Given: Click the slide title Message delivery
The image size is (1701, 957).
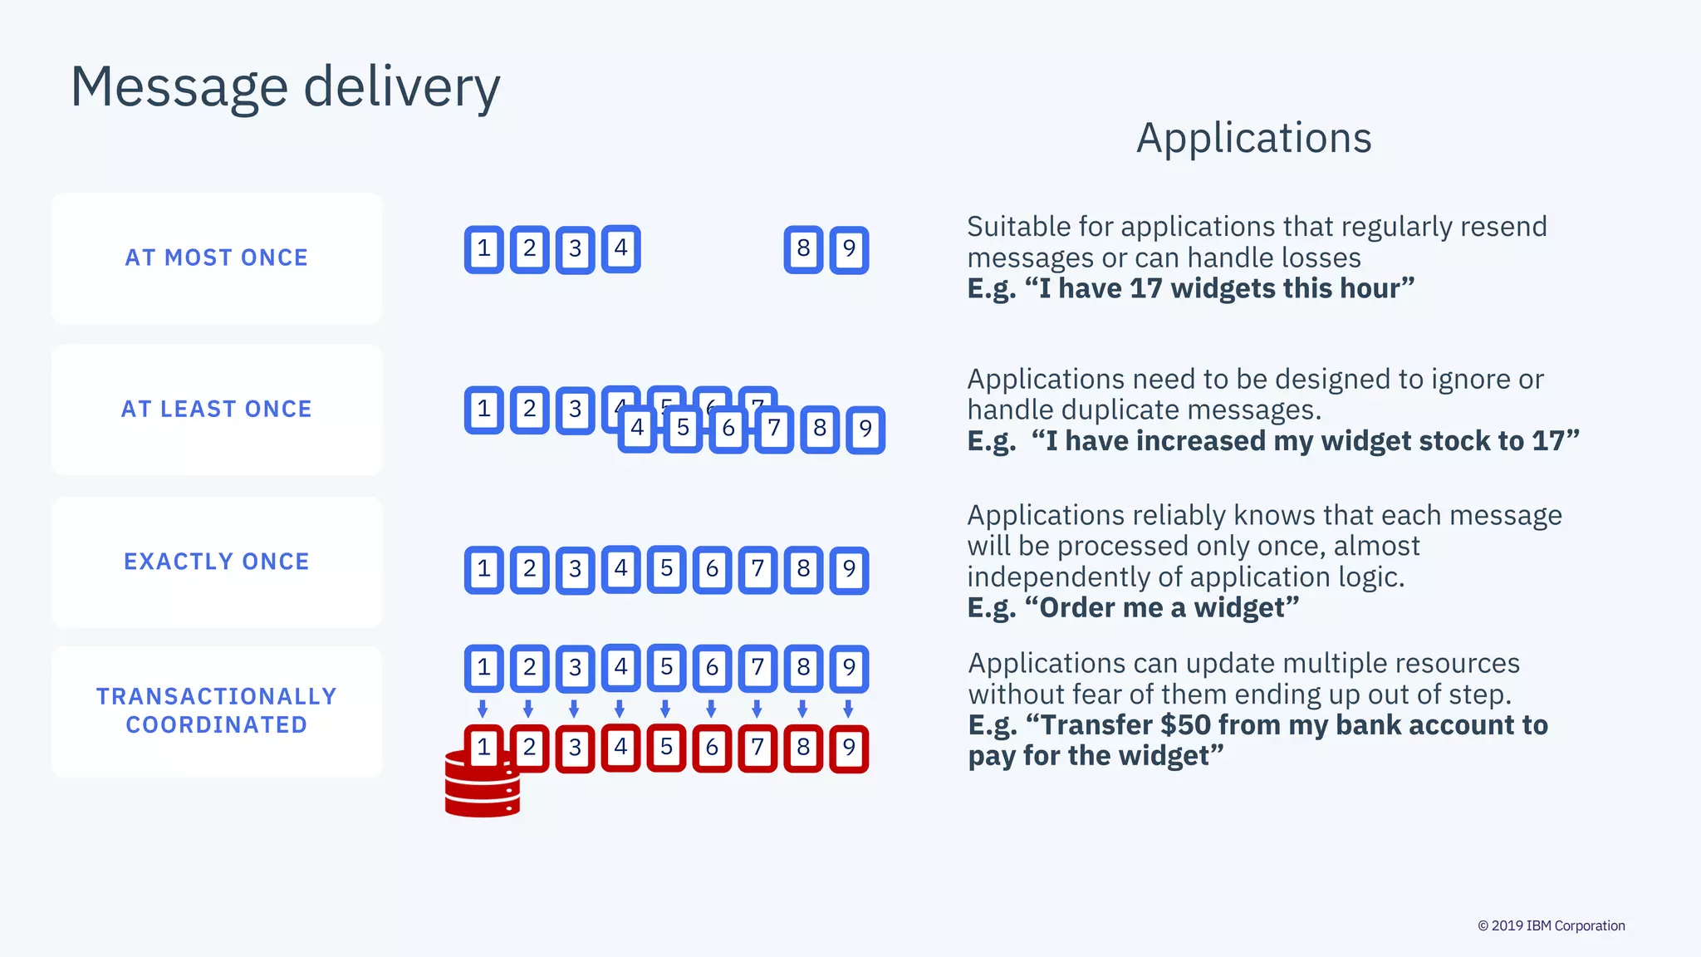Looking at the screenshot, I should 285,86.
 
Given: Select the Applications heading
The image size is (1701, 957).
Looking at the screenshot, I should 1253,138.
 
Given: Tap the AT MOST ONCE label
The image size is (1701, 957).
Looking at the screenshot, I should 217,258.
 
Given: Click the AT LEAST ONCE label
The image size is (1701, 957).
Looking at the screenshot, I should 217,409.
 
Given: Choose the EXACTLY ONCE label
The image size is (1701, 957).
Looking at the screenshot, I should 217,562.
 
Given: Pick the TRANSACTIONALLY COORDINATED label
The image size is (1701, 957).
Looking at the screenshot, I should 217,710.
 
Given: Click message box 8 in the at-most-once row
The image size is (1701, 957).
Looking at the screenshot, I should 803,249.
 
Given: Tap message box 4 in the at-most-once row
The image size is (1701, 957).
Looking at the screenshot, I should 620,248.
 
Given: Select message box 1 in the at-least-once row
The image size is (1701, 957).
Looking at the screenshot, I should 484,410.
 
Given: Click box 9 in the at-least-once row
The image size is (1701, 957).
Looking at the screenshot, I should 865,429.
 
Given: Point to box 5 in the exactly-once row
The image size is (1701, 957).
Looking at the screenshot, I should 666,569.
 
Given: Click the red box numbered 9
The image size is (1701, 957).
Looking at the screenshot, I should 849,748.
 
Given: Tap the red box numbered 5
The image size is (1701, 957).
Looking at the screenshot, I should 666,748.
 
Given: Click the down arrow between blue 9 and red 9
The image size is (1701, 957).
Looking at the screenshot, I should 848,709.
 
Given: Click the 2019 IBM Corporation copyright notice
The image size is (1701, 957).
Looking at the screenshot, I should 1551,925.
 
